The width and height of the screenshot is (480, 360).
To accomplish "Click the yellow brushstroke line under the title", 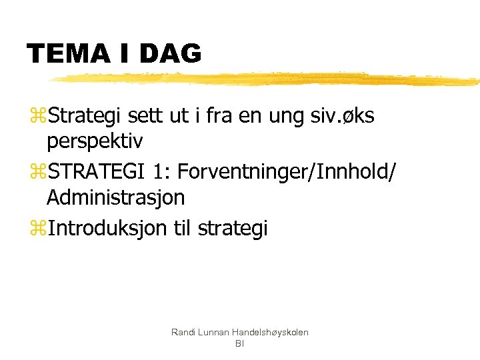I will [x=267, y=79].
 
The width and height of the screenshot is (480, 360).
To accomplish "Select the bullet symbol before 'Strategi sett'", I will [x=37, y=117].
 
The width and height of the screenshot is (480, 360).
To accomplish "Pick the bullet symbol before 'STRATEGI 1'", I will [x=37, y=173].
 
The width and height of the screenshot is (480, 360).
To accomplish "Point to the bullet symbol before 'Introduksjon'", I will [x=37, y=229].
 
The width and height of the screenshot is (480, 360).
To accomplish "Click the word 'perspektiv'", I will [x=95, y=142].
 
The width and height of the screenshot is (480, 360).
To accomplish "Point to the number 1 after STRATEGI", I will [x=157, y=172].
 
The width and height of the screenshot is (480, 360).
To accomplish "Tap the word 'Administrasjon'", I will [x=116, y=198].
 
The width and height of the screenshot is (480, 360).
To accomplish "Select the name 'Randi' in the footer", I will [x=182, y=332].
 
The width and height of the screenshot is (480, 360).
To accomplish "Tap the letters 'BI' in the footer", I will [x=239, y=344].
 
